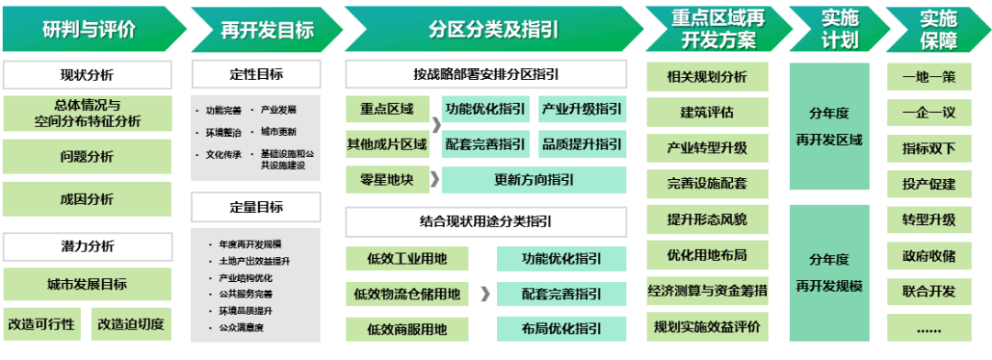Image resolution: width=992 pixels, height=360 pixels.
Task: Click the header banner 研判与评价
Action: tap(89, 28)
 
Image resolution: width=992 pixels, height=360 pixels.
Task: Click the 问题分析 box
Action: tap(87, 156)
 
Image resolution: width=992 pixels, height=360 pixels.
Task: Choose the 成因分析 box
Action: tap(87, 198)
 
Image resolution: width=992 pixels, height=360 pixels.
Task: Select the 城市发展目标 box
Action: tap(87, 284)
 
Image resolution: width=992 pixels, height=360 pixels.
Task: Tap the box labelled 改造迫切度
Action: tap(131, 324)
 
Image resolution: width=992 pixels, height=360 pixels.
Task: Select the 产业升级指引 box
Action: tap(581, 109)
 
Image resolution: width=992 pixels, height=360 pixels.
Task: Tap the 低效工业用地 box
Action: tap(406, 259)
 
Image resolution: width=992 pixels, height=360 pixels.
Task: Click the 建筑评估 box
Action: tap(707, 112)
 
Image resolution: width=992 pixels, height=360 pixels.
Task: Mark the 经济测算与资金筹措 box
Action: tap(707, 291)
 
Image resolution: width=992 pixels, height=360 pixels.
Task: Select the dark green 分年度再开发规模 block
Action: tap(829, 273)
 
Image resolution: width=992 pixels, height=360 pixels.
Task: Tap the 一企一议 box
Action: tap(929, 112)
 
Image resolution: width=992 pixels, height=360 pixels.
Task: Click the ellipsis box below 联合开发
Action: tap(929, 328)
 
